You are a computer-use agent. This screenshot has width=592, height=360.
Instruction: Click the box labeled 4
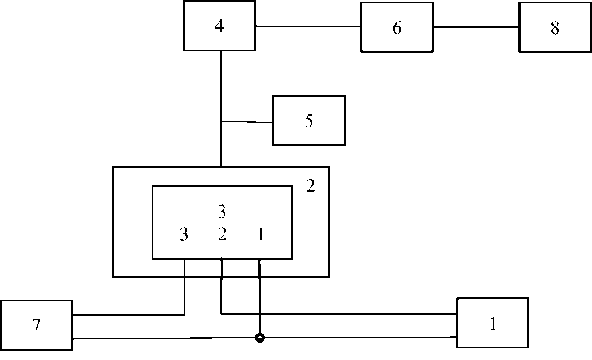pos(219,26)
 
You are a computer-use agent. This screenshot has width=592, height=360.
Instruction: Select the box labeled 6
pos(397,27)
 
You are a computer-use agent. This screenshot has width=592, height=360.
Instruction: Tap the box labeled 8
pos(554,27)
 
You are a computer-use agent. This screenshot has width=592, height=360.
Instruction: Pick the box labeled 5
pos(309,121)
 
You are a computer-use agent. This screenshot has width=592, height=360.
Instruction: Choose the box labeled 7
pos(36,325)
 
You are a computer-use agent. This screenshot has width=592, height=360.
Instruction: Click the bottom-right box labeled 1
pos(493,324)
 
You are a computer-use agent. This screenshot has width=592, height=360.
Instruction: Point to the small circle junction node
pos(260,338)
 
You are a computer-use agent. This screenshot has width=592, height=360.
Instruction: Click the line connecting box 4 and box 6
pos(307,26)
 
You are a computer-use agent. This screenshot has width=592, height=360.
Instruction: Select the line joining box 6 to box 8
pos(476,26)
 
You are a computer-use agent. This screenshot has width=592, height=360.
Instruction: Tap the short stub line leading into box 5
pos(248,122)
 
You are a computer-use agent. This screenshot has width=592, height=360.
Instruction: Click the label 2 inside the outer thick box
pos(310,187)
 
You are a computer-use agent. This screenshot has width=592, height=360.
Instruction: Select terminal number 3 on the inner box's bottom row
pos(184,235)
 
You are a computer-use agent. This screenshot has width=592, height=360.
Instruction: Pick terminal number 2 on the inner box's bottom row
pos(222,235)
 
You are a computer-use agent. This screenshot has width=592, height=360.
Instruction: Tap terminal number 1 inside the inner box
pos(260,235)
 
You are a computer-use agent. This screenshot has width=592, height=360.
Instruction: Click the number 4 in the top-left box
pos(219,26)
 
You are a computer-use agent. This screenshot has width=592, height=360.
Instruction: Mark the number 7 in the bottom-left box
pos(36,325)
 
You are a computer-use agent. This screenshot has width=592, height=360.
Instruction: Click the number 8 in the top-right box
pos(554,27)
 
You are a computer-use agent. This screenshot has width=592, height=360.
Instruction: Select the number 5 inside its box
pos(309,121)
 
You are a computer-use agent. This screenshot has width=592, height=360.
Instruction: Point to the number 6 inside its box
pos(397,27)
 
